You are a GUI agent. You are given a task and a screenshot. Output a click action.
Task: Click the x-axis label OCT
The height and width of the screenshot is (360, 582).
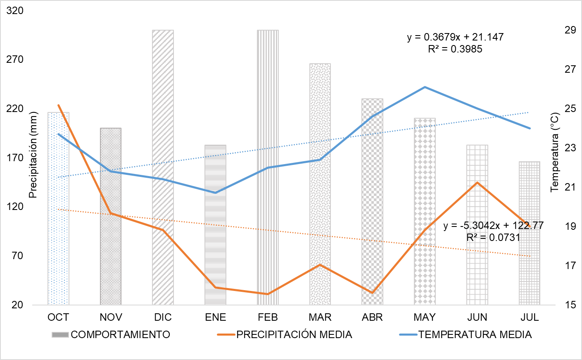point(58,317)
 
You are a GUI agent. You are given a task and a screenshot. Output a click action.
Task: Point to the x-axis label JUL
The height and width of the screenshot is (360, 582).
point(530,317)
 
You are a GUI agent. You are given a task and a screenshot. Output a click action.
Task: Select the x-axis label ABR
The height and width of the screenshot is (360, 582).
point(372,317)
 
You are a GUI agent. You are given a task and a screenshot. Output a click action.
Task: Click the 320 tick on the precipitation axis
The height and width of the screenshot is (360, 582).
point(15,10)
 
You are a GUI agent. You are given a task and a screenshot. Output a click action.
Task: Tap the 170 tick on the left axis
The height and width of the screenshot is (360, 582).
point(15,157)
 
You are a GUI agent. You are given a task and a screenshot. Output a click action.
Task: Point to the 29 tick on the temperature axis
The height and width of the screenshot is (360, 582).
point(570,30)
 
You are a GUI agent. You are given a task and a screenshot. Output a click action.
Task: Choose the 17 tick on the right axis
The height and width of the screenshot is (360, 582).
point(570,265)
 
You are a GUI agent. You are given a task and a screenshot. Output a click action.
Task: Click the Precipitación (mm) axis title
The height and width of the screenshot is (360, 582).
point(33,155)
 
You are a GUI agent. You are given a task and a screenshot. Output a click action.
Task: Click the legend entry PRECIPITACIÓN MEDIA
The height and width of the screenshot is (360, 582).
point(294,334)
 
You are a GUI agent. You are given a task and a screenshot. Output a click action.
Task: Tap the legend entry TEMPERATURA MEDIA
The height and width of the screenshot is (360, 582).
point(475,334)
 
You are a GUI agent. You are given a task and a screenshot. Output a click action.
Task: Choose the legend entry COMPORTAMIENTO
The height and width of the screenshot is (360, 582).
point(120,334)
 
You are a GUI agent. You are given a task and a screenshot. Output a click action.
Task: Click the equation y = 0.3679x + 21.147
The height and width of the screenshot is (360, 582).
point(455,37)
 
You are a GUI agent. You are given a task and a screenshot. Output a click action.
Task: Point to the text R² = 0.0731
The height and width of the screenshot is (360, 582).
point(493,237)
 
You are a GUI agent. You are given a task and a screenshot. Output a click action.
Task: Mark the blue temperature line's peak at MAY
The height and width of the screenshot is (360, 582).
point(425,87)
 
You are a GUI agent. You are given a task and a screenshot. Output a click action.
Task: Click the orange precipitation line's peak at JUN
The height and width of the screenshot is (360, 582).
point(477,182)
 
